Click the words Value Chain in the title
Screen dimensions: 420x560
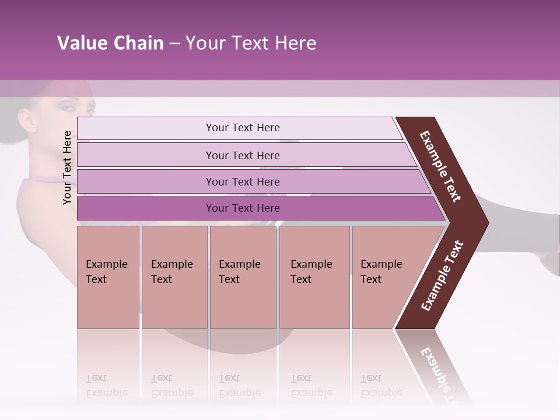coord(110,43)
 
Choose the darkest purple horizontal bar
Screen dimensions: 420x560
coord(146,208)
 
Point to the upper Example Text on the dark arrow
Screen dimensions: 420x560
coord(440,166)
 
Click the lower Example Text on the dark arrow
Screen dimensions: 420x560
coord(442,275)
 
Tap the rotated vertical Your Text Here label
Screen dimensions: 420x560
coord(67,167)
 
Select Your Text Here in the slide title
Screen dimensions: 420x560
coord(251,43)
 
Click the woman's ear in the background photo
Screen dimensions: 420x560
coord(27,120)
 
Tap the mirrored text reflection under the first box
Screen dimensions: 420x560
coord(107,386)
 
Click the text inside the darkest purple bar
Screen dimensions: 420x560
coord(243,208)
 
